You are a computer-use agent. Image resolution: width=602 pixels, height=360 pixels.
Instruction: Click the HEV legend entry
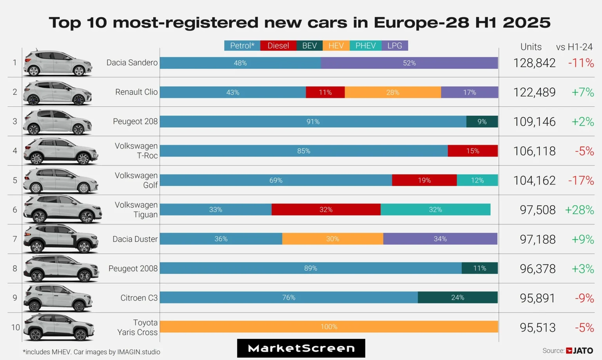coord(336,46)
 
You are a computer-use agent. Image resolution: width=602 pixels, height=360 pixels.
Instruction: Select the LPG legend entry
coord(395,46)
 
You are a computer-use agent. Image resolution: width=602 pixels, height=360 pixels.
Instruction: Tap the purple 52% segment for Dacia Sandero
coord(409,63)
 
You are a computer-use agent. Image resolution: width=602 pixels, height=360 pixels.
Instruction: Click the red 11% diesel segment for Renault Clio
coord(325,93)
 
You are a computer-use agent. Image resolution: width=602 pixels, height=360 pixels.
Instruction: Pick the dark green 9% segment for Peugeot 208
coord(482,122)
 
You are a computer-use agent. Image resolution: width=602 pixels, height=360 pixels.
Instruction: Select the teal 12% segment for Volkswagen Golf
coord(477,181)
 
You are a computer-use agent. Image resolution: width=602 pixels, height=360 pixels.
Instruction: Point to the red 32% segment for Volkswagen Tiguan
coord(326,210)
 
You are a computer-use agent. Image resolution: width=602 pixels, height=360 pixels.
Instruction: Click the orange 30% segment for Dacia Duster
coord(333,239)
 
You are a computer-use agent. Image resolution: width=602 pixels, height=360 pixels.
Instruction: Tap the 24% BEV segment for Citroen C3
coord(458,297)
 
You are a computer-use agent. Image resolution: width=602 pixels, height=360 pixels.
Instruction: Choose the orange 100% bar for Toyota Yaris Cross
coord(329,327)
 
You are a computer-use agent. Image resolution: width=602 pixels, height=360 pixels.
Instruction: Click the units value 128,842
coord(534,63)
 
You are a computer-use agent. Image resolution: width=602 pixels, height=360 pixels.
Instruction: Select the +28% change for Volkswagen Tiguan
coord(579,210)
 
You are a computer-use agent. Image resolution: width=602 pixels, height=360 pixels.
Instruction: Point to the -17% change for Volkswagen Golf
coord(581,181)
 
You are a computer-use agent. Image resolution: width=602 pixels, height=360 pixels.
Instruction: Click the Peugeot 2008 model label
coord(133,269)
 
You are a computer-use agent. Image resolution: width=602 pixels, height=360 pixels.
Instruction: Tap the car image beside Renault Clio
coord(58,92)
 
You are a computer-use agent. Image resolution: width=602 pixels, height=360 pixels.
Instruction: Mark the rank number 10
coord(15,327)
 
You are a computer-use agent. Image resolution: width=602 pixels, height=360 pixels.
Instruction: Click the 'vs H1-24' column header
coord(574,47)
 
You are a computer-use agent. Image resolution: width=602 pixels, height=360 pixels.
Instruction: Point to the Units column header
coord(531,47)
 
